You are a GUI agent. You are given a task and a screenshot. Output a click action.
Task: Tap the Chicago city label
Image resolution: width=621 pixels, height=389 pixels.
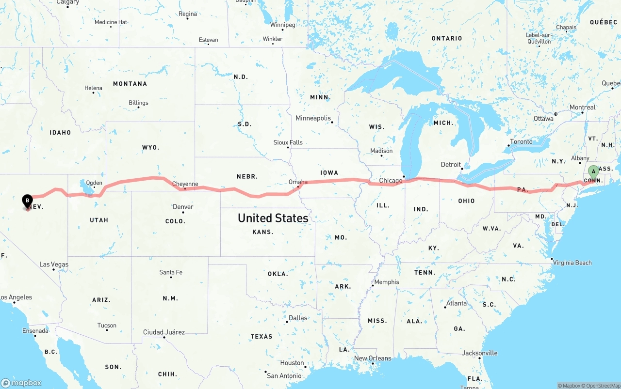[x=391, y=181]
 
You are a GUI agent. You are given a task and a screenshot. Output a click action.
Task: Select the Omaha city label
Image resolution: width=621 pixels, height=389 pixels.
[x=298, y=182]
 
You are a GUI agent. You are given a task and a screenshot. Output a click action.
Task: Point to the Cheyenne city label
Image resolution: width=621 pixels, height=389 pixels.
[x=185, y=184]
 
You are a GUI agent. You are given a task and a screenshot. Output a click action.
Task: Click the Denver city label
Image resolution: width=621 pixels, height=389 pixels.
[x=183, y=207]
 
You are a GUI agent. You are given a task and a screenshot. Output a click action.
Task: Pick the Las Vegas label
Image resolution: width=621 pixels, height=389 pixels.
[x=54, y=265]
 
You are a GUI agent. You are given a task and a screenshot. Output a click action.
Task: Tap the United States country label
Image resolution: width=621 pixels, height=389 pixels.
[x=273, y=218]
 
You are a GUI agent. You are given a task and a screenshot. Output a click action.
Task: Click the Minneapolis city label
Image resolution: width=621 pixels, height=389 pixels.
[x=313, y=118]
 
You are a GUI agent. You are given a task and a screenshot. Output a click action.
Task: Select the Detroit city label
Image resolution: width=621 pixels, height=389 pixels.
[x=451, y=165]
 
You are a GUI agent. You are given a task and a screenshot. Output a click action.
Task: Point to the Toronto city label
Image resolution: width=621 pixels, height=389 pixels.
[x=521, y=142]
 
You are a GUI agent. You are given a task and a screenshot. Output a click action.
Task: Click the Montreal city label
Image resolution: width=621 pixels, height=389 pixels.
[x=582, y=108]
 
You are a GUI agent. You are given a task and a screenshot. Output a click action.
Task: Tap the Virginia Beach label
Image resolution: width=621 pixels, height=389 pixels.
[x=573, y=263]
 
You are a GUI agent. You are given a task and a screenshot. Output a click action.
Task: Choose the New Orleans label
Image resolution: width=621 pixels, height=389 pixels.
[x=372, y=358]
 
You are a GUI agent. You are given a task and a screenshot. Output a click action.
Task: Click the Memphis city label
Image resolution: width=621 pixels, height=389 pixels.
[x=387, y=282]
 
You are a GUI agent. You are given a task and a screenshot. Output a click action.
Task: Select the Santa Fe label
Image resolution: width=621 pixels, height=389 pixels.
[x=171, y=272]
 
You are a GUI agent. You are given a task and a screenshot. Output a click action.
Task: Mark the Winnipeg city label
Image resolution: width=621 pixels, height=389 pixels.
[x=282, y=25]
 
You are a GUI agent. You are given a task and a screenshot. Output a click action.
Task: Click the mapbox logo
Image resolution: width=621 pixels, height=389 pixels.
[x=21, y=383]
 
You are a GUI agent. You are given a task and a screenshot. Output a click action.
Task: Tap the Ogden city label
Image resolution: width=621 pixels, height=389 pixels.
[x=94, y=183]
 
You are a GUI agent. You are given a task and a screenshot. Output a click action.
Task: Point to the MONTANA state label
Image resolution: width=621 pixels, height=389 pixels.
[x=130, y=84]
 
